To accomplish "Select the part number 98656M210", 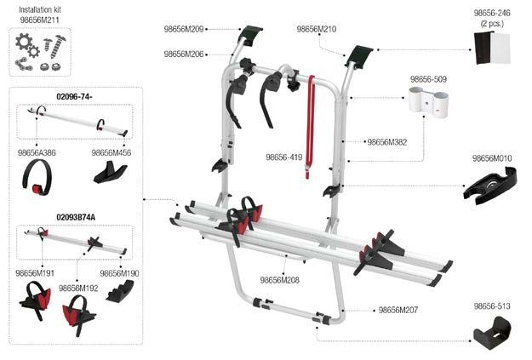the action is tap(316, 29).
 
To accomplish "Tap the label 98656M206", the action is tap(183, 54).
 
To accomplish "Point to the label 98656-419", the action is tap(283, 157).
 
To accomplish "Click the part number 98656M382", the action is tap(386, 142).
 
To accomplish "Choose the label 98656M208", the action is tap(280, 280).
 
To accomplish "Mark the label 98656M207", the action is tap(398, 310).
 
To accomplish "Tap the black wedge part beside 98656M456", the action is tap(109, 174).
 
